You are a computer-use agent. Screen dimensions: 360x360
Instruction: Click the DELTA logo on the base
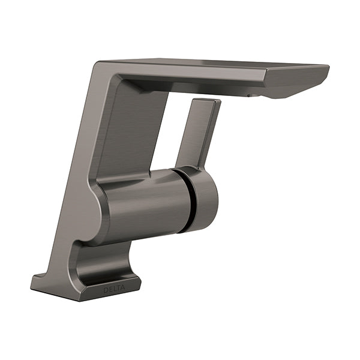click(114, 289)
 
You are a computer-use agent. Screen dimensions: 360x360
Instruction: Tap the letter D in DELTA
click(106, 290)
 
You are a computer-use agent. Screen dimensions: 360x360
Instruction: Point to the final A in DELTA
click(123, 287)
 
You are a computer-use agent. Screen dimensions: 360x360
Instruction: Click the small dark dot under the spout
click(249, 95)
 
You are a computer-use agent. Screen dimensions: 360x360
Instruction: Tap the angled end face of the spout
click(298, 83)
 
